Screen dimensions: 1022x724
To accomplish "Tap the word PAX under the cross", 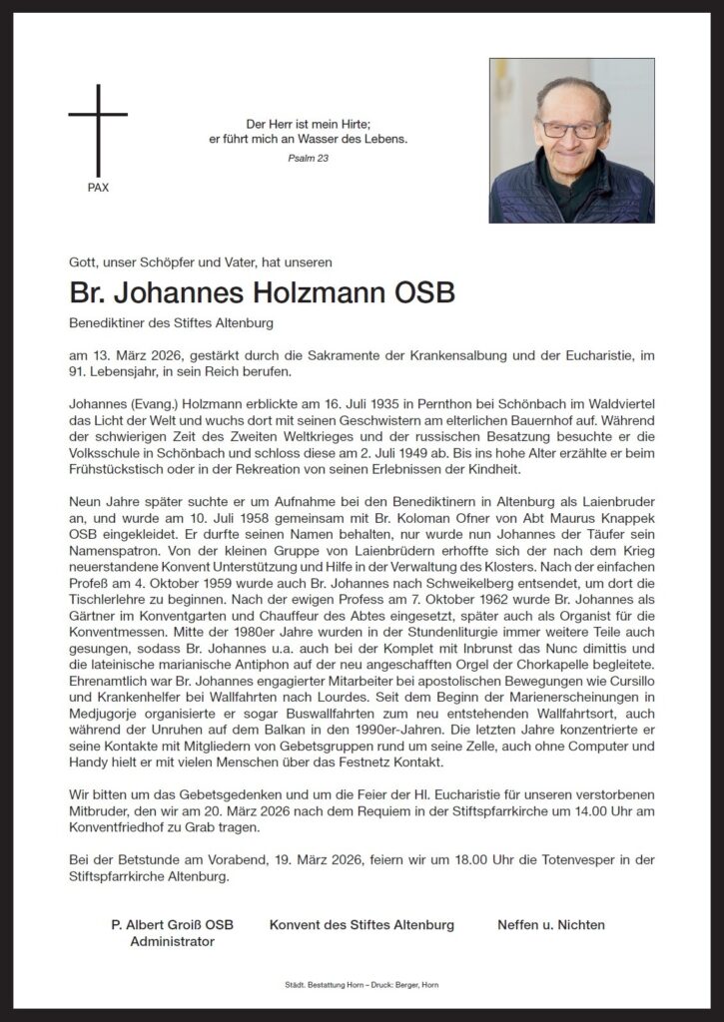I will tap(98, 188).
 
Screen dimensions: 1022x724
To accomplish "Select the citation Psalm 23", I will tap(308, 158).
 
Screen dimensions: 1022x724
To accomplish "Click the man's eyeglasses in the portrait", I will tap(571, 129).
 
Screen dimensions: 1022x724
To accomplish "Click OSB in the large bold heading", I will tap(425, 293).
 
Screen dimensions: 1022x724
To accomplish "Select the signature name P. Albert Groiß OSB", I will tap(172, 925).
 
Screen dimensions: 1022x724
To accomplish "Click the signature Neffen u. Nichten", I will tap(551, 925).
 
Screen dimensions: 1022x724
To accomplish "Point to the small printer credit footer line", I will tap(362, 985).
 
